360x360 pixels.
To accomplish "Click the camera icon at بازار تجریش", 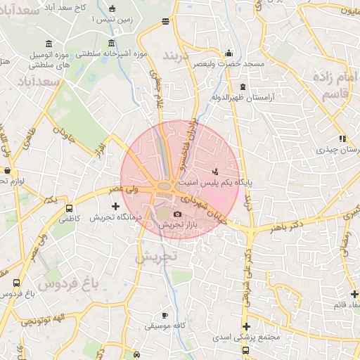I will point(176,214).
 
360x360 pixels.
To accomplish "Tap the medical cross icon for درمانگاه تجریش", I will point(116,206).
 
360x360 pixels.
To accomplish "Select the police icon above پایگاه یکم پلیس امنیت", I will point(215,171).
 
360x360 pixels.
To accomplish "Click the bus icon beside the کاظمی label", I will point(69,208).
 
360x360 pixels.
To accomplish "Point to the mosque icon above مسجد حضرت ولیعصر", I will point(228,53).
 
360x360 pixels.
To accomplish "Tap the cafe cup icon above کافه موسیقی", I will point(165,315).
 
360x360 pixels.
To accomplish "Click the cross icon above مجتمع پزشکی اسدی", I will point(245,326).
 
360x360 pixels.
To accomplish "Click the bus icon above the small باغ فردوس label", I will point(16,282).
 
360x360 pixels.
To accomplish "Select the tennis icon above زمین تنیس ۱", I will point(113,9).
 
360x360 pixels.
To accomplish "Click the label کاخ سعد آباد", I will point(77,6).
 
